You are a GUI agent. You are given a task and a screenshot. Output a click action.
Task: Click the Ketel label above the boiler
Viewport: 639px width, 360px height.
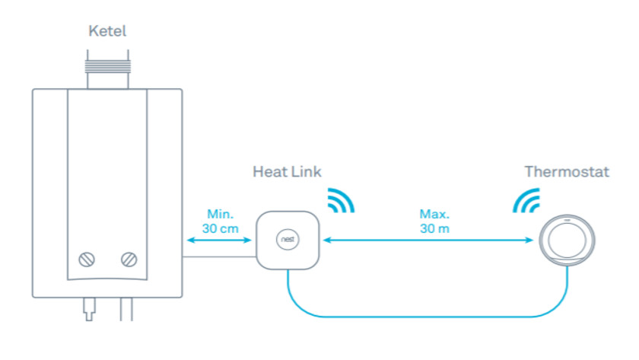click(106, 31)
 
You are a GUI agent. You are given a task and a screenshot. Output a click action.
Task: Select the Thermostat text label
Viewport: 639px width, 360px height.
click(567, 171)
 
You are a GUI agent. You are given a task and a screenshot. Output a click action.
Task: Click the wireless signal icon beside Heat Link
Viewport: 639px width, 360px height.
click(340, 200)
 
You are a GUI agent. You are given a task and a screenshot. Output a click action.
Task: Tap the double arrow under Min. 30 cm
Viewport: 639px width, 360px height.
click(218, 241)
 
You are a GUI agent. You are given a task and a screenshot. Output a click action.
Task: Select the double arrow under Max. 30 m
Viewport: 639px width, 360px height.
click(428, 241)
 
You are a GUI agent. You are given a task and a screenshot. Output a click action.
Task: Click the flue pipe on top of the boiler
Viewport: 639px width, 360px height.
click(107, 70)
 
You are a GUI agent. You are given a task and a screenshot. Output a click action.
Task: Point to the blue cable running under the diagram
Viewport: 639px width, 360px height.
click(426, 314)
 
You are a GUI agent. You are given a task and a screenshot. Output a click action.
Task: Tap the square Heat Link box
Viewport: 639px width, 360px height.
click(287, 241)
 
